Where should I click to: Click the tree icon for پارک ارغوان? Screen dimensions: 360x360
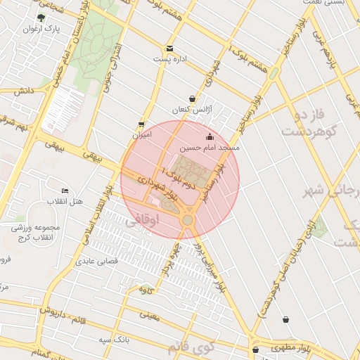coord(41,18)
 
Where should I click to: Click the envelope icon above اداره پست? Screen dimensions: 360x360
coord(169,49)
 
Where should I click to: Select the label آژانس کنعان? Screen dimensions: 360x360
coord(192,110)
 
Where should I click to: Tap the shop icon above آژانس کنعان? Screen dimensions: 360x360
coord(192,99)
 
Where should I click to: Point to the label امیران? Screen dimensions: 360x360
coord(141,134)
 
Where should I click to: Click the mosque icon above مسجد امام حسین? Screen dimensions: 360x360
coord(209,136)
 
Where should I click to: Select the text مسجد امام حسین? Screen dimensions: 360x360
coord(209,148)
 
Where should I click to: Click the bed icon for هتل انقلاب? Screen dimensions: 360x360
coord(65,191)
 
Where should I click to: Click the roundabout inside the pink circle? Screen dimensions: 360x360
coord(187,221)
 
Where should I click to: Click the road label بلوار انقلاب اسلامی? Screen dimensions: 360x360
coord(96,211)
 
